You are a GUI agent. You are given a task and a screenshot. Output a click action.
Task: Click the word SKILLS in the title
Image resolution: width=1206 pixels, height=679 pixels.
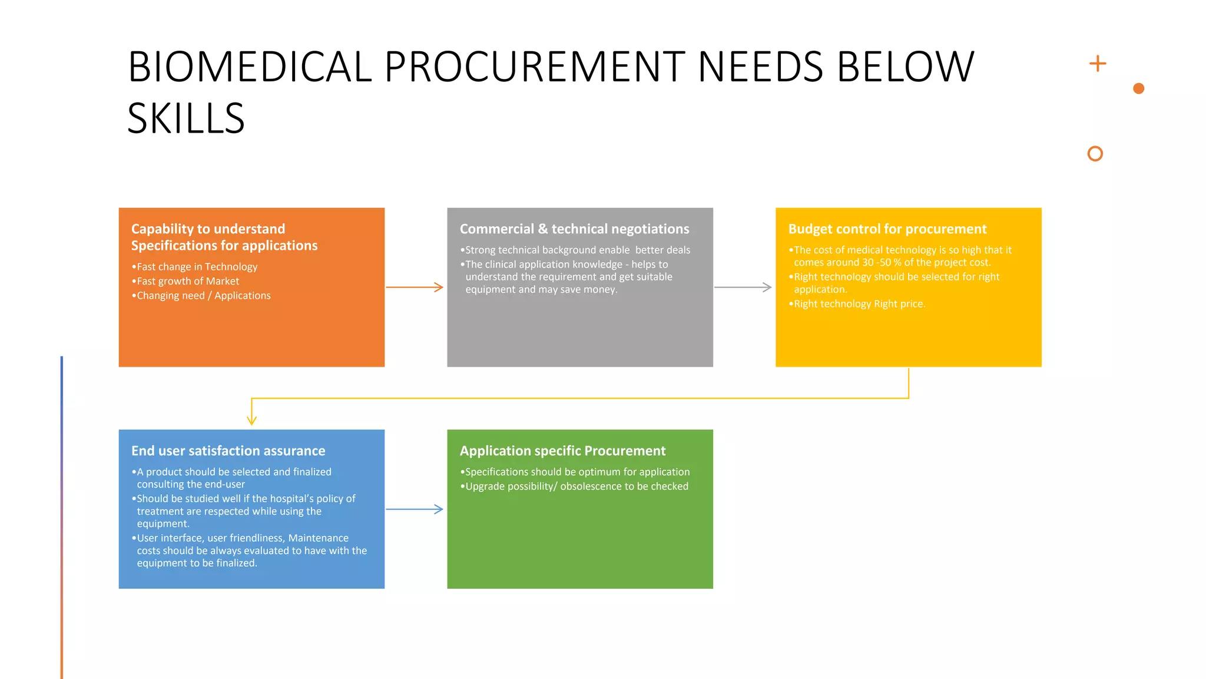click(185, 118)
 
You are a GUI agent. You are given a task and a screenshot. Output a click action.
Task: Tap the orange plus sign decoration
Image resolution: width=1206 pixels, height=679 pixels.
click(1098, 63)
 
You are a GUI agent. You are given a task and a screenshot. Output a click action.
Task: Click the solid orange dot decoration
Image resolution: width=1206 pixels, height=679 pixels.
click(1138, 88)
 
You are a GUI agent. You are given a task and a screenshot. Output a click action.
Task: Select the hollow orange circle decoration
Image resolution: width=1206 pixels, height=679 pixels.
click(1095, 154)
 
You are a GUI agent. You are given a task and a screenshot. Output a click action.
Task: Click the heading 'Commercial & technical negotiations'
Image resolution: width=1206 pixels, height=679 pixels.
click(574, 229)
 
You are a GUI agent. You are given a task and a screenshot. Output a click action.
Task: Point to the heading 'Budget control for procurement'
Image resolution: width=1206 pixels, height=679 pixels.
click(887, 229)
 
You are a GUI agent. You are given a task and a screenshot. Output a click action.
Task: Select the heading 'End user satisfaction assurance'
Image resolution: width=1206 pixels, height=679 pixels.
click(228, 451)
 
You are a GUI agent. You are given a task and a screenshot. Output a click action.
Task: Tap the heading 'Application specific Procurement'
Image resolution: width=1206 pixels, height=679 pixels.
click(562, 451)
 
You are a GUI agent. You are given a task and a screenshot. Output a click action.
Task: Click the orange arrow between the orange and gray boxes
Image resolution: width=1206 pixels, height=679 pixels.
click(415, 287)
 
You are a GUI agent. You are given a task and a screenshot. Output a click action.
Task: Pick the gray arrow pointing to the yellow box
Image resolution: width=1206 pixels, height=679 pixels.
click(743, 287)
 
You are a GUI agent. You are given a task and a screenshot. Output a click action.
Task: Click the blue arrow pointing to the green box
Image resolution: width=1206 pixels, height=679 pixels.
click(415, 509)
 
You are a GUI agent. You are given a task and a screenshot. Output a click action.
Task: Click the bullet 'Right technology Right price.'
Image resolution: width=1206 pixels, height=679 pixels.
click(859, 304)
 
